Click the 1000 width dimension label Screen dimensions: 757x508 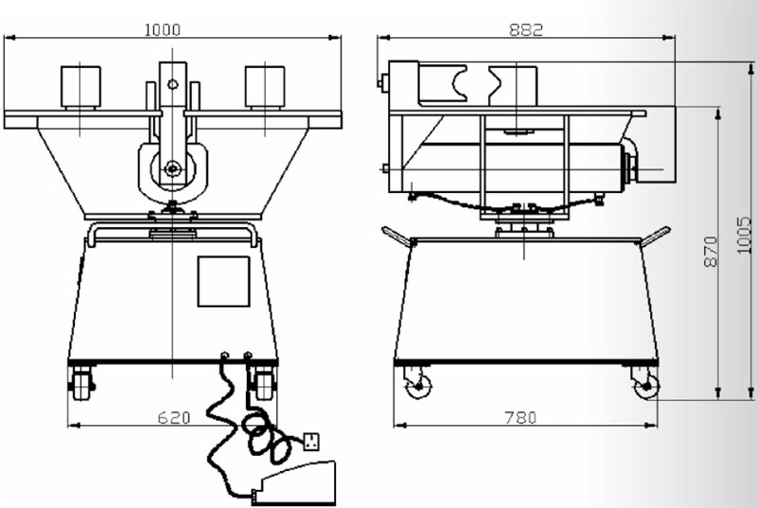click(163, 30)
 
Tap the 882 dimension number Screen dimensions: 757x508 click(526, 30)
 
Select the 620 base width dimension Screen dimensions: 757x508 click(174, 417)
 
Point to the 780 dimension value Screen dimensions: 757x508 click(520, 417)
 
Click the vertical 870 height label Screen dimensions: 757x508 click(711, 251)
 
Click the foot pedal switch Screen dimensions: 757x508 click(294, 483)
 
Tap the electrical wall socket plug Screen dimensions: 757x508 click(311, 442)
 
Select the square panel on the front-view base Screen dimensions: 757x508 click(223, 281)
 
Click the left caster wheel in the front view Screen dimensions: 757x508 click(82, 383)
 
